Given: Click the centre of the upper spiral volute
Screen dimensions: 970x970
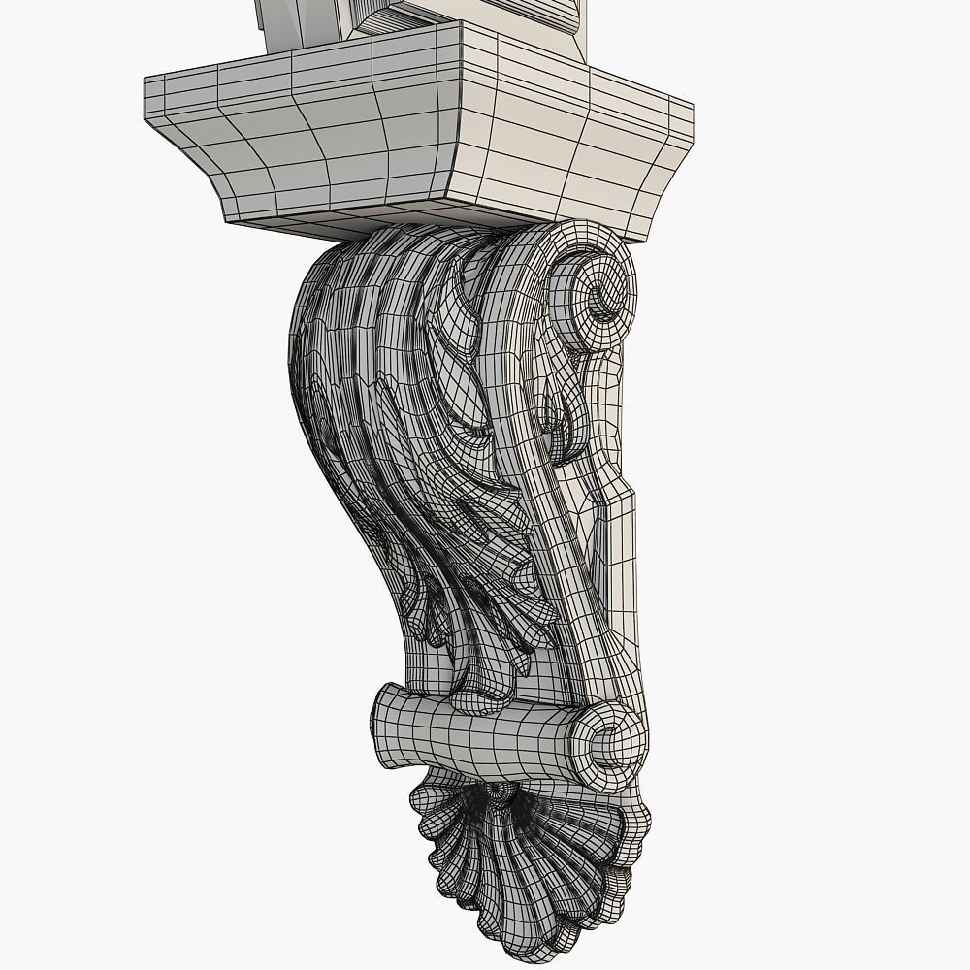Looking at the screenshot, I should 602,293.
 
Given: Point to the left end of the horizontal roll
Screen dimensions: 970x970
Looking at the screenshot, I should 380,724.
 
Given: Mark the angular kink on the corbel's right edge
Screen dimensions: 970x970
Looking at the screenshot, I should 635,495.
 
